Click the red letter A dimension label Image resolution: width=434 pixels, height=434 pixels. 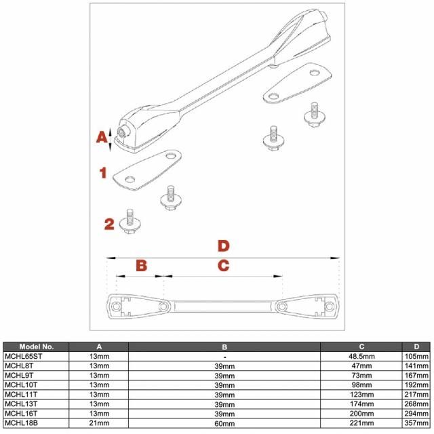tap(100, 137)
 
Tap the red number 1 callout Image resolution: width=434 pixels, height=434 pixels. tap(103, 173)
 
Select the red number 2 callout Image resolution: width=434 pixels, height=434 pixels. tap(108, 224)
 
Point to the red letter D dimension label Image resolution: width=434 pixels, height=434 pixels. tap(222, 245)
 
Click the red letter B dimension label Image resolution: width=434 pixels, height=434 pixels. tap(140, 264)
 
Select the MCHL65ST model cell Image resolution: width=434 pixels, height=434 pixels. tap(24, 355)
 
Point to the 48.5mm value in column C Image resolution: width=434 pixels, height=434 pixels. tap(361, 355)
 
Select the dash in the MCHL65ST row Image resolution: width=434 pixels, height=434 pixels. tap(224, 355)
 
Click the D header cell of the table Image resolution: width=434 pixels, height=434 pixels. tap(416, 346)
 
